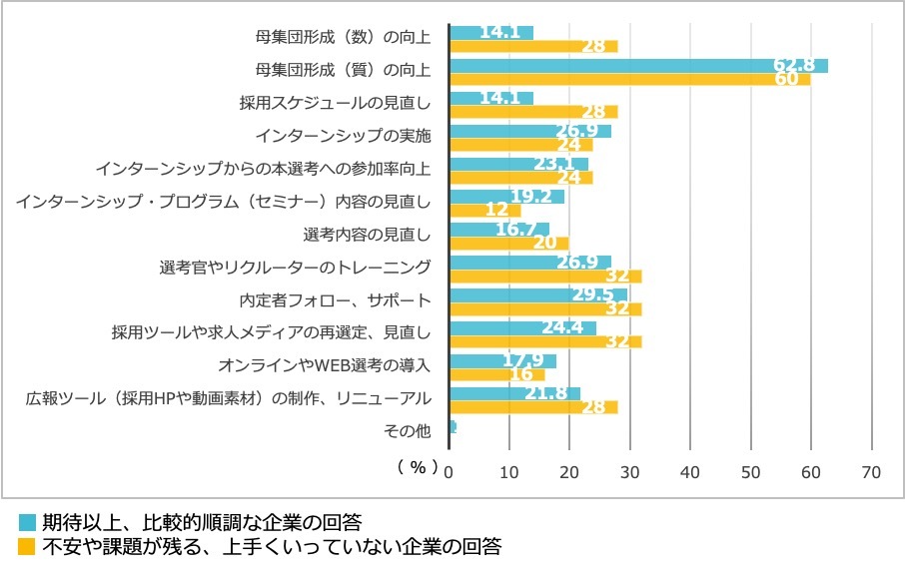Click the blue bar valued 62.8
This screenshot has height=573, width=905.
[639, 66]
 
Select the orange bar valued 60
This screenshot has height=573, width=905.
[629, 79]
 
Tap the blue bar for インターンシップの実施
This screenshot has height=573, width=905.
[530, 131]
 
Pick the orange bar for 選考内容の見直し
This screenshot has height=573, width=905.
[509, 243]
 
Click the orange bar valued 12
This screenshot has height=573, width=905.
[485, 210]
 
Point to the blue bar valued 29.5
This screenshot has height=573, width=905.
[538, 294]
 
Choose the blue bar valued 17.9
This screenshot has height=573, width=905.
[503, 360]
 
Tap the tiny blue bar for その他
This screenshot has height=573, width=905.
[453, 426]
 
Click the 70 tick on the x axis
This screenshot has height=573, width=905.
[871, 471]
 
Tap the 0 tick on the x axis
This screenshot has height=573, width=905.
[450, 471]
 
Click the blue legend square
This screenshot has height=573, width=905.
[27, 522]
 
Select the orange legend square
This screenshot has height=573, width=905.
[27, 546]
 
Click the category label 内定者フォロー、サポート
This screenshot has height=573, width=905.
[336, 300]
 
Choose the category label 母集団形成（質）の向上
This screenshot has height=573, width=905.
[343, 70]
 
